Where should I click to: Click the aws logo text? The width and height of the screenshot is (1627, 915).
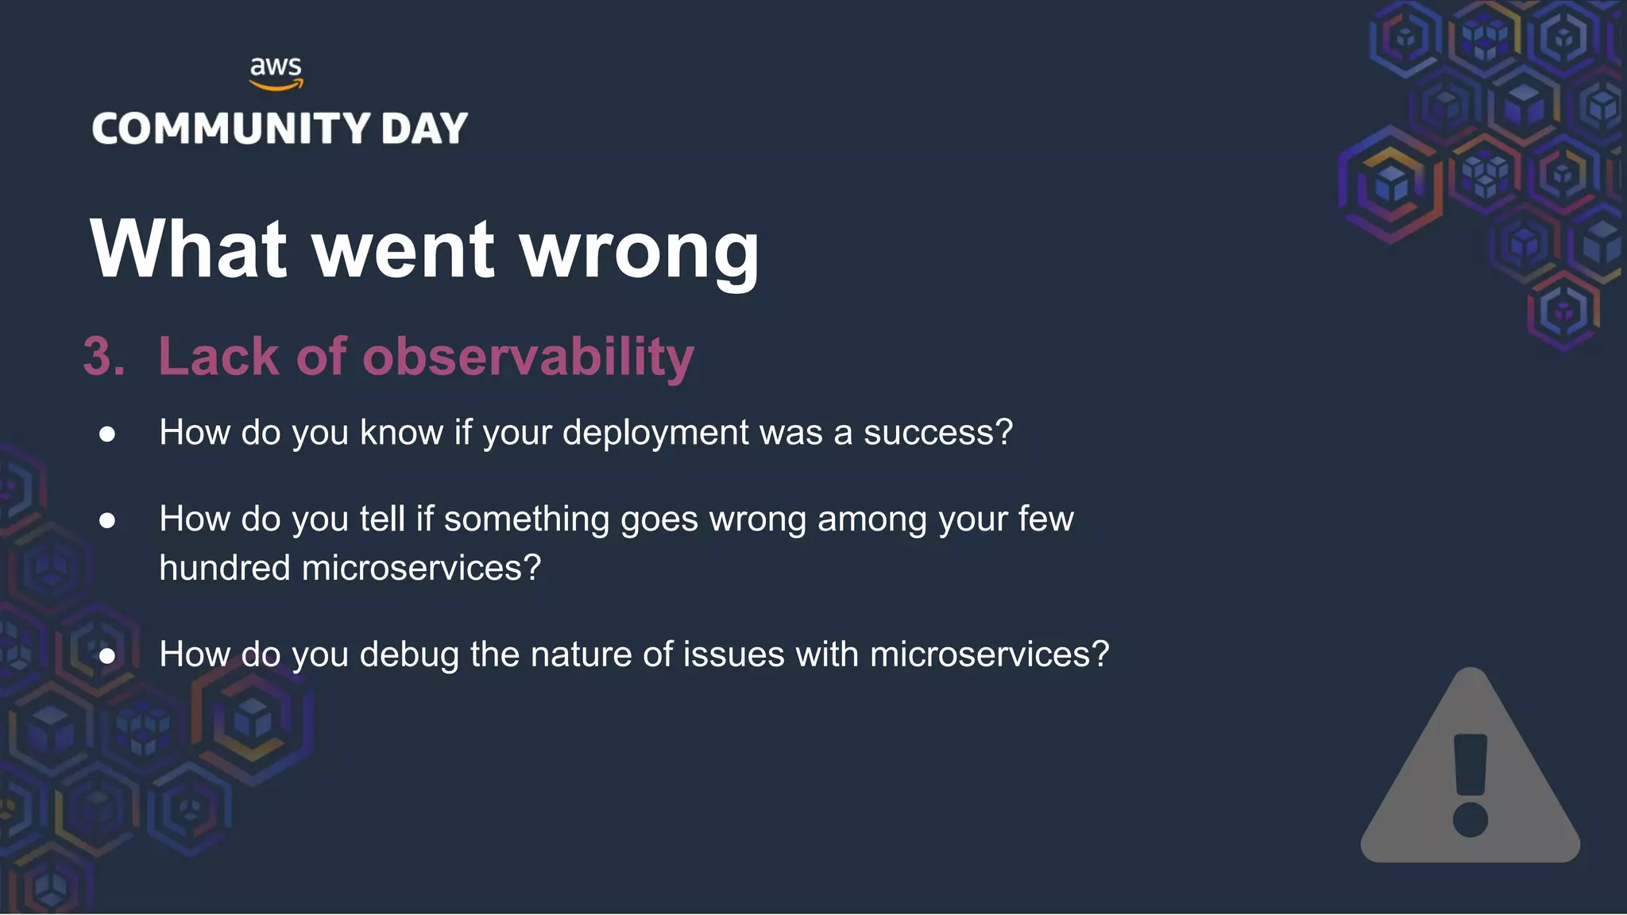tap(276, 66)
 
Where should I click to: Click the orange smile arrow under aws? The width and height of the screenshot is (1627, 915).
tap(276, 85)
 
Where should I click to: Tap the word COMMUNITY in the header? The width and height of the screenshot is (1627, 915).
tap(231, 129)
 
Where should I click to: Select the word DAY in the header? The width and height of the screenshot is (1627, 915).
tap(424, 129)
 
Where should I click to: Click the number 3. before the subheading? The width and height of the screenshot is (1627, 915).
tap(104, 356)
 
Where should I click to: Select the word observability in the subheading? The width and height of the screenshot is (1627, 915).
tap(528, 356)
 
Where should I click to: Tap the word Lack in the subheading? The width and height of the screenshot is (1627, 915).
tap(218, 356)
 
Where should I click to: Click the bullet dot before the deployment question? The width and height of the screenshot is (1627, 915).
tap(107, 434)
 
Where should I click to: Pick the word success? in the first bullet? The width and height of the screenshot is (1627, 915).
tap(938, 433)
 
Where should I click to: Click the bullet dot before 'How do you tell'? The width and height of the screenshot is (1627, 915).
tap(107, 520)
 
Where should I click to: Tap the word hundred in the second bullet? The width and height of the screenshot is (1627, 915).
tap(224, 568)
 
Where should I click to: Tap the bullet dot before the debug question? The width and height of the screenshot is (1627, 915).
tap(107, 656)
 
